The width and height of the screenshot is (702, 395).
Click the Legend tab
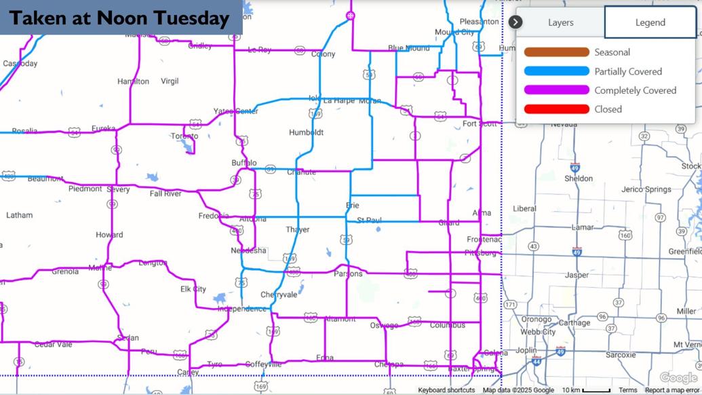pos(650,22)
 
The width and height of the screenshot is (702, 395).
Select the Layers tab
pos(560,22)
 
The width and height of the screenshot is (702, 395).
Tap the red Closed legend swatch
pos(556,109)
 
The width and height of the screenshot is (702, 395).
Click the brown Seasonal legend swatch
pos(556,52)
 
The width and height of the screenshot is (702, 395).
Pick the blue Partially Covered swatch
pos(556,71)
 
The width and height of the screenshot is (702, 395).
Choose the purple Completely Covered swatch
pos(556,90)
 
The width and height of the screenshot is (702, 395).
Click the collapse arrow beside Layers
pos(515,22)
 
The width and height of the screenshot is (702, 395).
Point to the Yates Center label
pos(236,111)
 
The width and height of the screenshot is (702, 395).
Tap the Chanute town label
pos(301,172)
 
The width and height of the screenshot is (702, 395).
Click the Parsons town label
pos(348,274)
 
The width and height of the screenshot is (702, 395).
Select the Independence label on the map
pos(242,309)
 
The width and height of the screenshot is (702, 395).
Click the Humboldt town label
pos(306,132)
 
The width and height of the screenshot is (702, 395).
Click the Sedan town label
pos(128,337)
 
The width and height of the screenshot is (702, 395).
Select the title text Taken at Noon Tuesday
pos(120,18)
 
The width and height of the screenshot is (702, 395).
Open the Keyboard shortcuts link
pos(446,390)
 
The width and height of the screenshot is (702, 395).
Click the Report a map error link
pos(671,390)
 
